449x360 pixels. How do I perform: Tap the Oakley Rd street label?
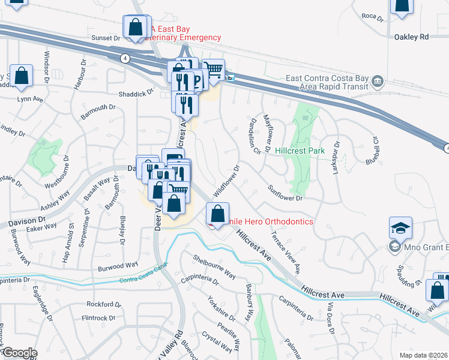point(411,37)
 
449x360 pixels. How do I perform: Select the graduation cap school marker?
point(400,229)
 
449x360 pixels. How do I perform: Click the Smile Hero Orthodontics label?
point(264,222)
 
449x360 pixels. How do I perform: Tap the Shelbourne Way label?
point(214,266)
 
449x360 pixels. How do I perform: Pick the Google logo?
point(20,352)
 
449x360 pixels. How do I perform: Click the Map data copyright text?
point(423,355)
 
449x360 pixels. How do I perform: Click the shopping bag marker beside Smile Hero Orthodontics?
point(217,214)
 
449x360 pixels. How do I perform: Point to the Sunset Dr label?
point(106,38)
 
